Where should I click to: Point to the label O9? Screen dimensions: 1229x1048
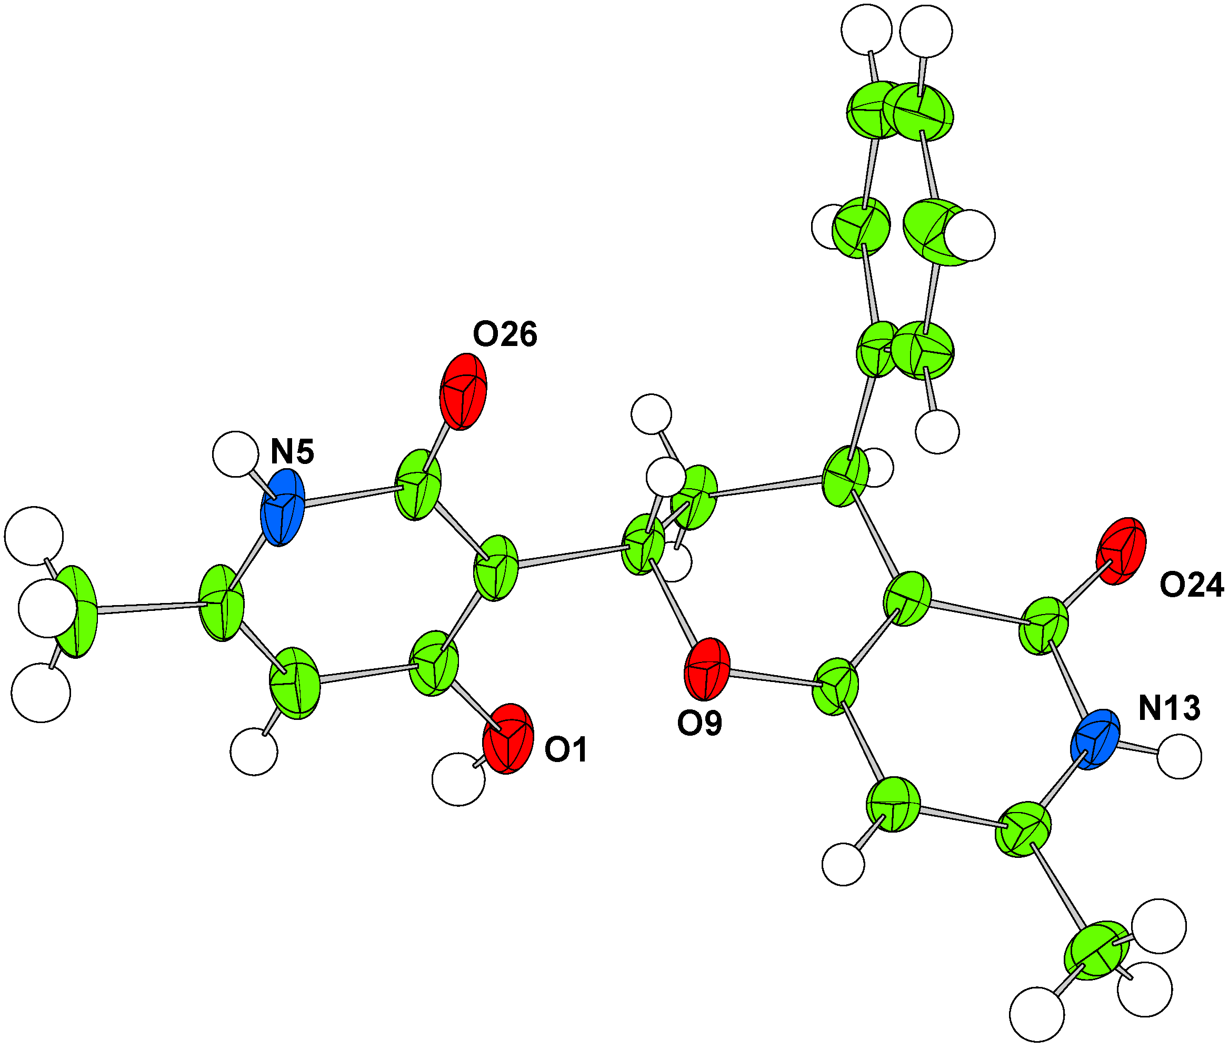click(x=700, y=724)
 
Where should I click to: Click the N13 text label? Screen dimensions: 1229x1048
click(x=1169, y=708)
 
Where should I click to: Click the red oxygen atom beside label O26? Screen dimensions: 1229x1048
click(x=463, y=391)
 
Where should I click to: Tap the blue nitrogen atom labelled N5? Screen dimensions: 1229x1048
click(x=283, y=508)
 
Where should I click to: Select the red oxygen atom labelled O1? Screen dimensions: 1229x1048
click(x=508, y=738)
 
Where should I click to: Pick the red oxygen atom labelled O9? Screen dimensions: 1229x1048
click(x=706, y=669)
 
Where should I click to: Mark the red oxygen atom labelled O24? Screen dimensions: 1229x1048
click(x=1121, y=551)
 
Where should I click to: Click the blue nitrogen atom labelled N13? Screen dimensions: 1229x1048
click(x=1095, y=739)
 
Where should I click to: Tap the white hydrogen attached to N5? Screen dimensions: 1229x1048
click(x=235, y=454)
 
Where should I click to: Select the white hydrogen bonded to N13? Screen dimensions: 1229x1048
click(x=1179, y=757)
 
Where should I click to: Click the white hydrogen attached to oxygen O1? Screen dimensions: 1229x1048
click(x=458, y=779)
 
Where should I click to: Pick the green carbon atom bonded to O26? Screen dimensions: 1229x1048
click(x=418, y=485)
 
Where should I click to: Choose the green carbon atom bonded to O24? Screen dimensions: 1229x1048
click(x=1043, y=626)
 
